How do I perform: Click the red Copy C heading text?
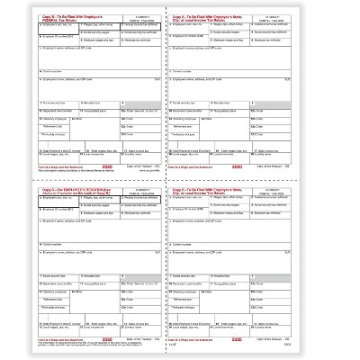tap(54, 186)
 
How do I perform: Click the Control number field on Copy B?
tap(81, 72)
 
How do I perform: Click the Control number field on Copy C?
tap(81, 246)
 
